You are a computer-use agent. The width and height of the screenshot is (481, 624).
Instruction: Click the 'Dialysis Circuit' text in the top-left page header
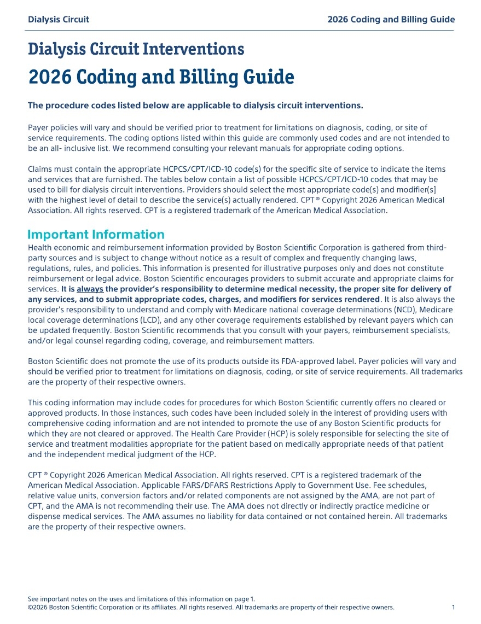point(59,20)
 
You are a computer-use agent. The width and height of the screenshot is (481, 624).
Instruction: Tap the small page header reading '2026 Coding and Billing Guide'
point(391,20)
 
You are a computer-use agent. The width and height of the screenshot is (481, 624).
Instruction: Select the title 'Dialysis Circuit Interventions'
point(136,49)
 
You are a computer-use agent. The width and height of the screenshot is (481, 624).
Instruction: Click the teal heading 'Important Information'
point(96,235)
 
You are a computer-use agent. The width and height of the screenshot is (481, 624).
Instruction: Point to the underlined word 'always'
point(90,289)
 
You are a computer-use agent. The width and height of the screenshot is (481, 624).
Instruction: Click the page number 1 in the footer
point(454,608)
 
